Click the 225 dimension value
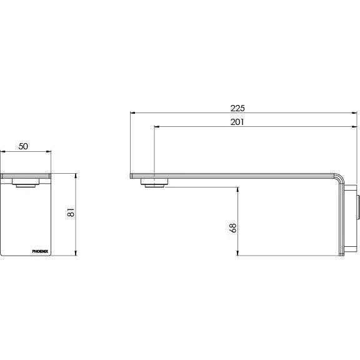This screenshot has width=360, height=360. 238,107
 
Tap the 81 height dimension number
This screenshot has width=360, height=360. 71,214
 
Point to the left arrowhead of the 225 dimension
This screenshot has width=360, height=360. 131,112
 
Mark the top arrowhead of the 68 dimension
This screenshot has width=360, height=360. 238,188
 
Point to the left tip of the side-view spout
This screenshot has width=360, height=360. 131,176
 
